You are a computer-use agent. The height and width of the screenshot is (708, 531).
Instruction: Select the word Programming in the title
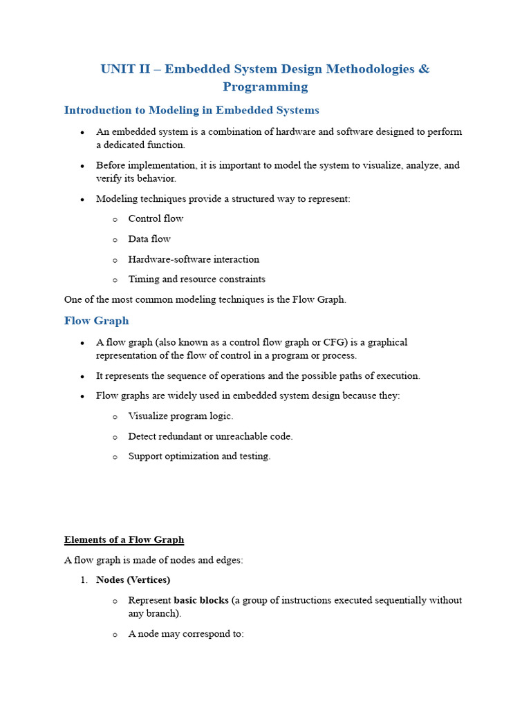pyautogui.click(x=265, y=86)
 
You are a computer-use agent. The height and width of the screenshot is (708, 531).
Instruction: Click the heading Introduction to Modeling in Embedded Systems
pyautogui.click(x=192, y=110)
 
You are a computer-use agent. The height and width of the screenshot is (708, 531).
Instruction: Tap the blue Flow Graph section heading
pyautogui.click(x=96, y=321)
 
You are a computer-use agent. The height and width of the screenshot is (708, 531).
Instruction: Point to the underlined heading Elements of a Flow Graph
pyautogui.click(x=124, y=539)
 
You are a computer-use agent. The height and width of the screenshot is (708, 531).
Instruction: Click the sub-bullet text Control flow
pyautogui.click(x=156, y=218)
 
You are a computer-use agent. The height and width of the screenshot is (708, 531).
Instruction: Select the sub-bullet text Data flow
pyautogui.click(x=149, y=239)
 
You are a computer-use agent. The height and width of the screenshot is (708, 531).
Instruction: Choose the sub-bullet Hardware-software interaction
pyautogui.click(x=194, y=259)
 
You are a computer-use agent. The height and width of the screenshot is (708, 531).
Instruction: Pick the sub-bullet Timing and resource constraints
pyautogui.click(x=196, y=279)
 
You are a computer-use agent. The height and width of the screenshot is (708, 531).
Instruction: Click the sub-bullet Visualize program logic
pyautogui.click(x=180, y=416)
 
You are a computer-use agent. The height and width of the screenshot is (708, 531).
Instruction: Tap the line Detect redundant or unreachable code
pyautogui.click(x=210, y=436)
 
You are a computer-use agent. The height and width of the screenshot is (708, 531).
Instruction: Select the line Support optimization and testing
pyautogui.click(x=199, y=456)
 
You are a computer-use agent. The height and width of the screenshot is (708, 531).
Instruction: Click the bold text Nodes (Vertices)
pyautogui.click(x=133, y=579)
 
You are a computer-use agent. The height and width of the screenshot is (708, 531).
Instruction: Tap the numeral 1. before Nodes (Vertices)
pyautogui.click(x=83, y=579)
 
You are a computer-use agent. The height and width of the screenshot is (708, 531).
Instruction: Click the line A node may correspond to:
pyautogui.click(x=186, y=633)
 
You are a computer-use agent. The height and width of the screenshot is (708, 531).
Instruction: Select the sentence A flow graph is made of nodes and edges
pyautogui.click(x=153, y=560)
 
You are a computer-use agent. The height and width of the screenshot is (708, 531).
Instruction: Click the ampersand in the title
pyautogui.click(x=424, y=69)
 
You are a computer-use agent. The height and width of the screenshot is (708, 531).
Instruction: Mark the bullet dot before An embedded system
pyautogui.click(x=82, y=132)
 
